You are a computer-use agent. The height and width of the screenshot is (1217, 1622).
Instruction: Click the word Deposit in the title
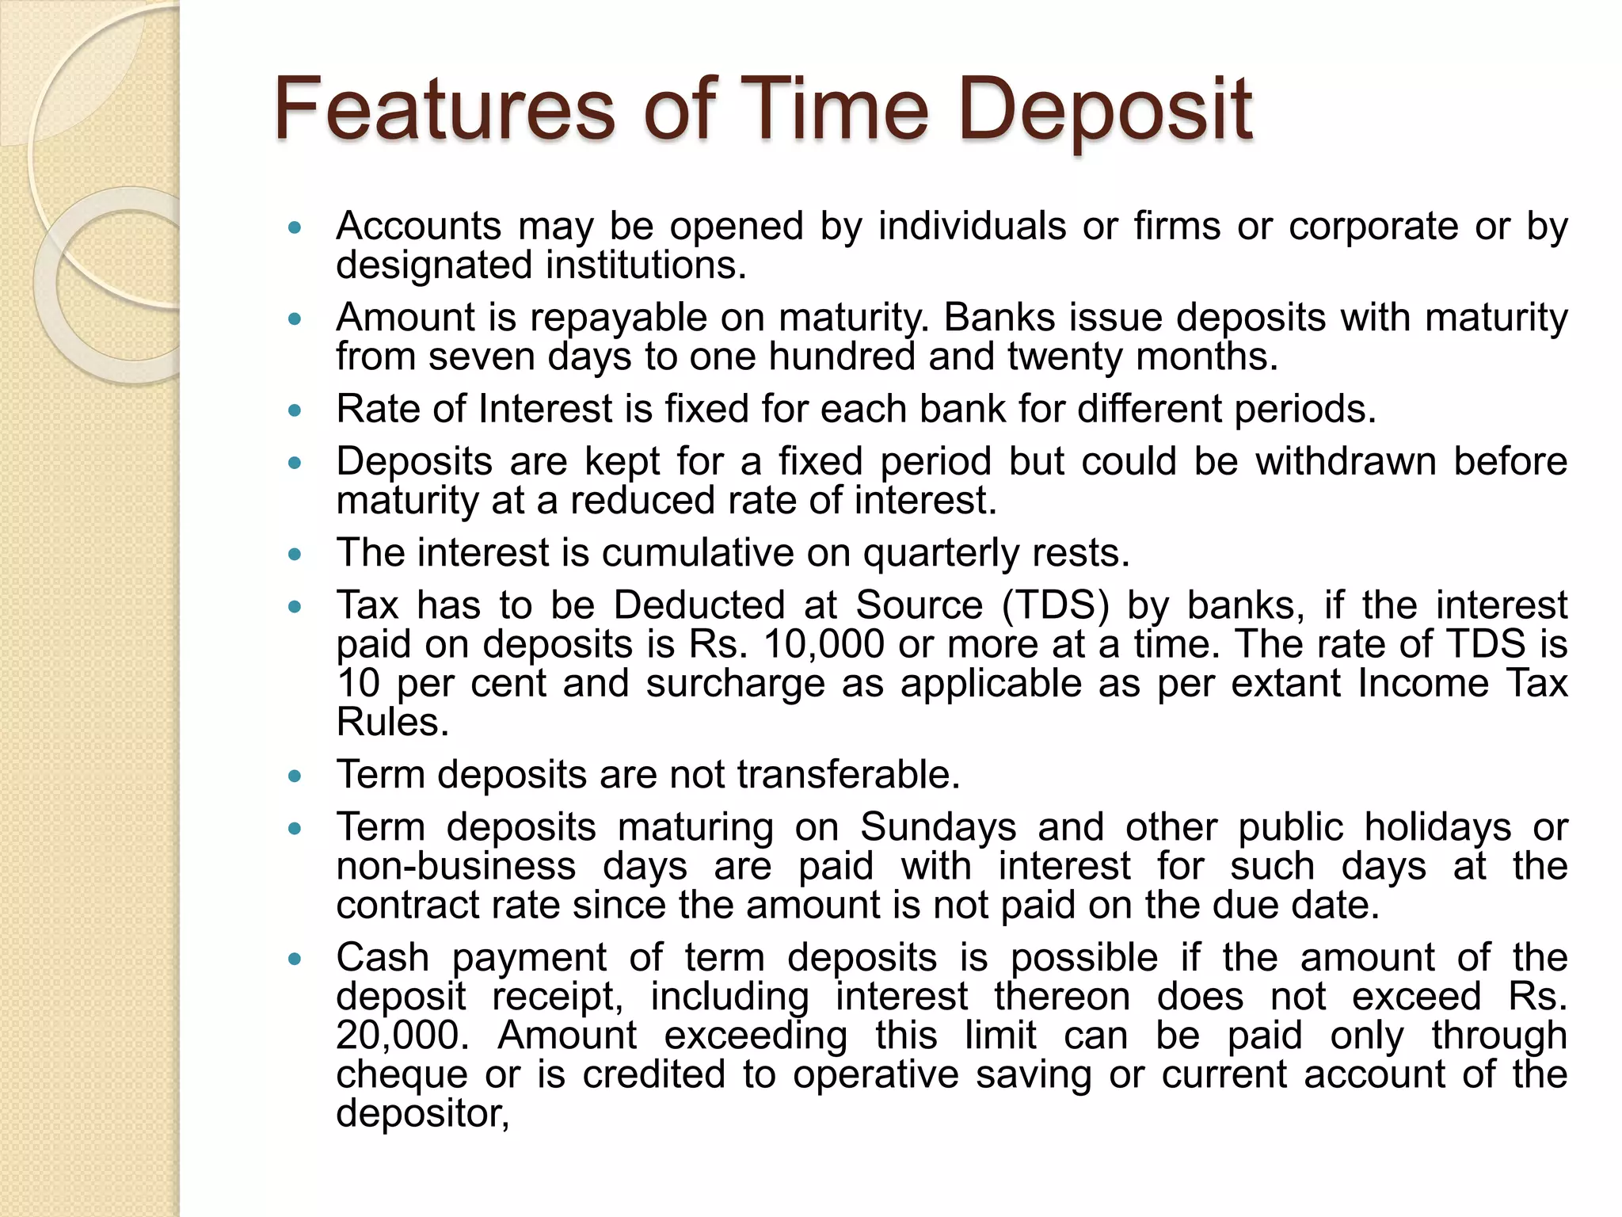[x=1105, y=111]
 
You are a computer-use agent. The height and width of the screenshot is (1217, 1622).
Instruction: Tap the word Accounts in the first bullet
[x=418, y=227]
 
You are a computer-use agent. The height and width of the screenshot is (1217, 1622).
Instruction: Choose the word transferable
[x=848, y=774]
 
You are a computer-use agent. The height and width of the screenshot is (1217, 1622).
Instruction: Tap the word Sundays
[x=938, y=828]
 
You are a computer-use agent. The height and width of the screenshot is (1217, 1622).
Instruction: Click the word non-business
[x=455, y=866]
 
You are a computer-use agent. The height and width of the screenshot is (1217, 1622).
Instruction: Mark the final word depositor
[x=421, y=1114]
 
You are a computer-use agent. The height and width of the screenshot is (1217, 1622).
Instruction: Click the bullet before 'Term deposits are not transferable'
[x=295, y=776]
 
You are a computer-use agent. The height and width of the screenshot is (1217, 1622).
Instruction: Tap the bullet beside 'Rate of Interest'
[x=295, y=411]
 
